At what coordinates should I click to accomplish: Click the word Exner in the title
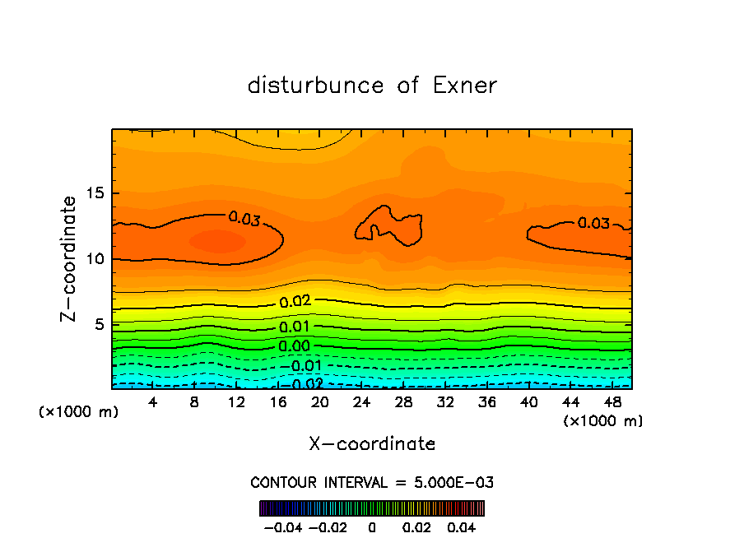(x=465, y=86)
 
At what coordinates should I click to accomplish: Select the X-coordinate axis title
(x=372, y=444)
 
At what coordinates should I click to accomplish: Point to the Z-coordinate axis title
(x=71, y=259)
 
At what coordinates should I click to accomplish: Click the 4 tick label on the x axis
(x=153, y=402)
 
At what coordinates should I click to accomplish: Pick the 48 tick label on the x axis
(x=611, y=402)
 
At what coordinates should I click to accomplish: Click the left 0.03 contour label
(x=244, y=218)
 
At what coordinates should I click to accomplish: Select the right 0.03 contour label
(x=593, y=223)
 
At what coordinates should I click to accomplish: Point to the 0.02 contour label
(x=294, y=302)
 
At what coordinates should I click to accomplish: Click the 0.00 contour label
(x=294, y=346)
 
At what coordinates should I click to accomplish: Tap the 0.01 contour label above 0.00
(x=294, y=327)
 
